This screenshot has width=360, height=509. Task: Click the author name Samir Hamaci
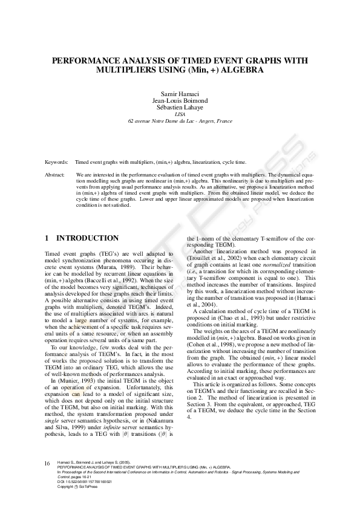(180, 96)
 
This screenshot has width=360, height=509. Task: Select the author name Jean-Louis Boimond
(180, 102)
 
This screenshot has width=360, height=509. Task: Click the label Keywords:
(57, 163)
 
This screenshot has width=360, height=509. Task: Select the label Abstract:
(56, 174)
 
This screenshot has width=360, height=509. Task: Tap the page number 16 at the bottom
(47, 464)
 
